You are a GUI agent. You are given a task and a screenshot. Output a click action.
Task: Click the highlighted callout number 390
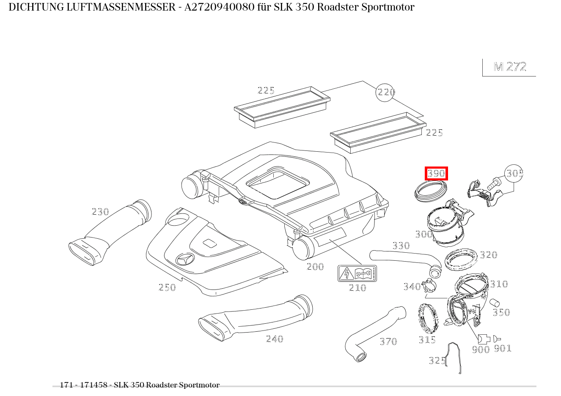[436, 173]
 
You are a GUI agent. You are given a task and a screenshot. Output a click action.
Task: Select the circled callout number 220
[385, 92]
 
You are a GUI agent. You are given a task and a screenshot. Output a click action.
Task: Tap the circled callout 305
[514, 173]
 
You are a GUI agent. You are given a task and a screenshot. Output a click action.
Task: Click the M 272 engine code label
[510, 67]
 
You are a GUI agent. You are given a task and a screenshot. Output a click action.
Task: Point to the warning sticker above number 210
[357, 274]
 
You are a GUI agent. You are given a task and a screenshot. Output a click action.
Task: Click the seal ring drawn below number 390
[429, 191]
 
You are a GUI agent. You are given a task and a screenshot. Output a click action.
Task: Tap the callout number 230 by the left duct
[100, 212]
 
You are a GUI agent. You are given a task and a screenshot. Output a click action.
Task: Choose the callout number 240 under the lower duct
[275, 339]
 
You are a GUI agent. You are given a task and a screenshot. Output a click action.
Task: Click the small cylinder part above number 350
[494, 303]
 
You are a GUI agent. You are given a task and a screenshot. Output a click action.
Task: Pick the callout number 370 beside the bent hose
[388, 341]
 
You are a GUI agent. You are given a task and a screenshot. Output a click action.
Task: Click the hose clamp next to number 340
[430, 284]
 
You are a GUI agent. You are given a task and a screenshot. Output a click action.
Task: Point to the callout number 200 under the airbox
[315, 267]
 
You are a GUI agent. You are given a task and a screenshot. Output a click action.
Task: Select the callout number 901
[503, 349]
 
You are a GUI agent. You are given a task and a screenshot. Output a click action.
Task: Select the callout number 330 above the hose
[401, 246]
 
